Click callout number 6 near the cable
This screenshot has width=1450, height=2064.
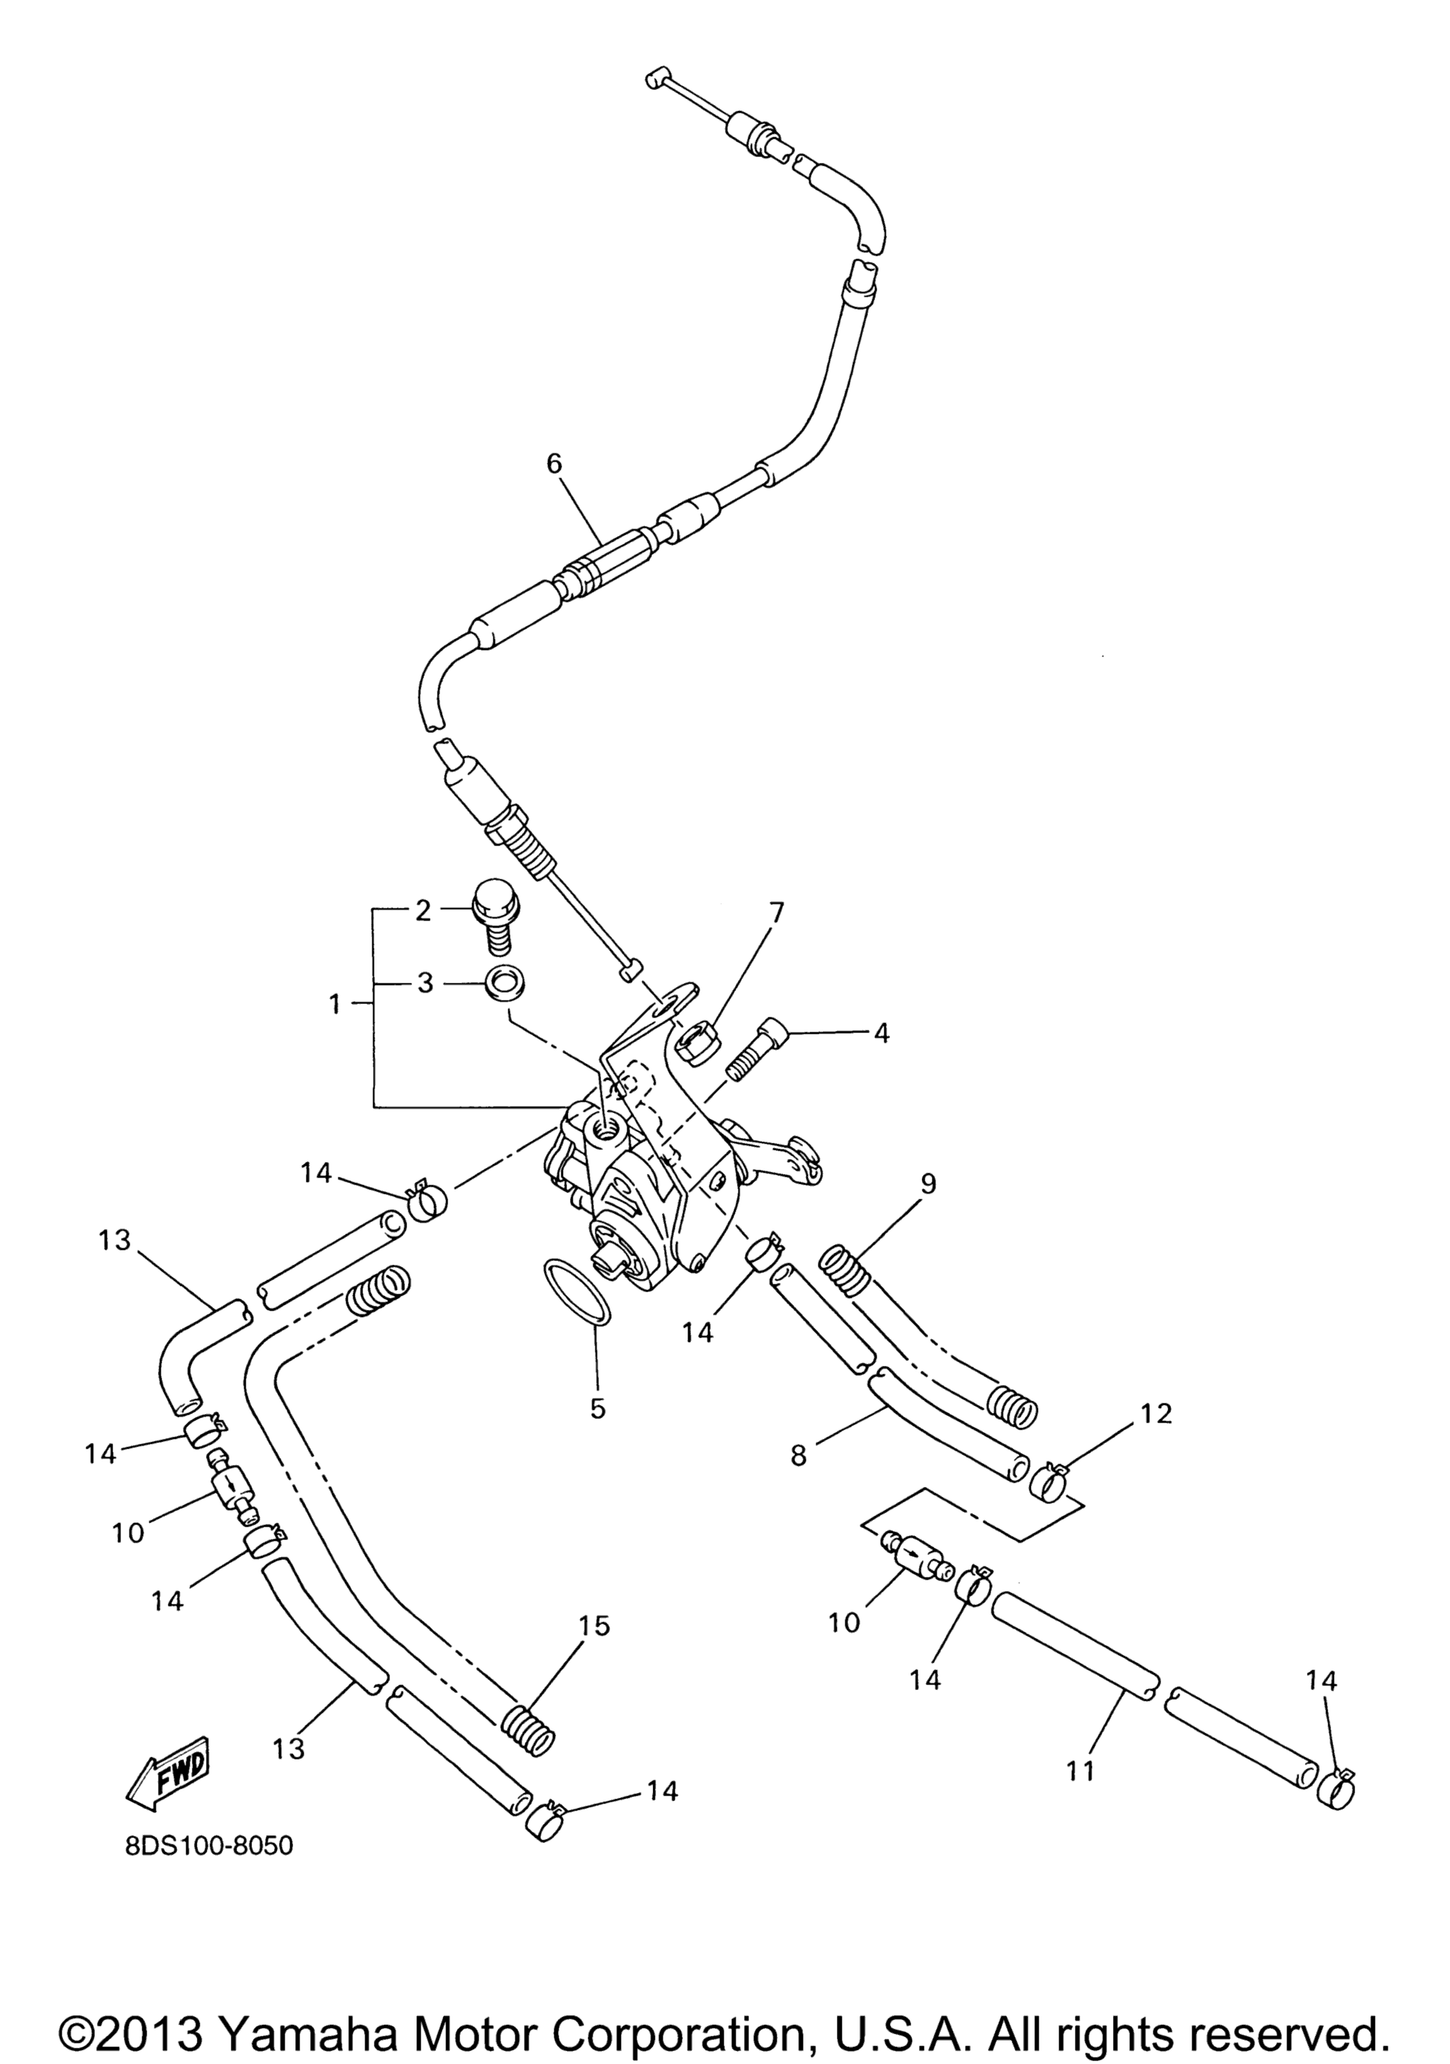(554, 464)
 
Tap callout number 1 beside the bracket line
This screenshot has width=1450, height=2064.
(336, 1004)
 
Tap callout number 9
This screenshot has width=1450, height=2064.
(927, 1184)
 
